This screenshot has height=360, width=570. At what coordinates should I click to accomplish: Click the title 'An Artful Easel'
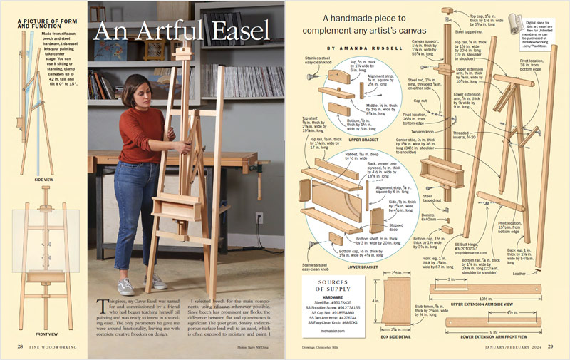point(182,32)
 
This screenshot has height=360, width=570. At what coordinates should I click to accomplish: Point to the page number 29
point(550,346)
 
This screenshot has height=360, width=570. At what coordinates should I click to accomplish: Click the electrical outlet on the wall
point(259,219)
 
